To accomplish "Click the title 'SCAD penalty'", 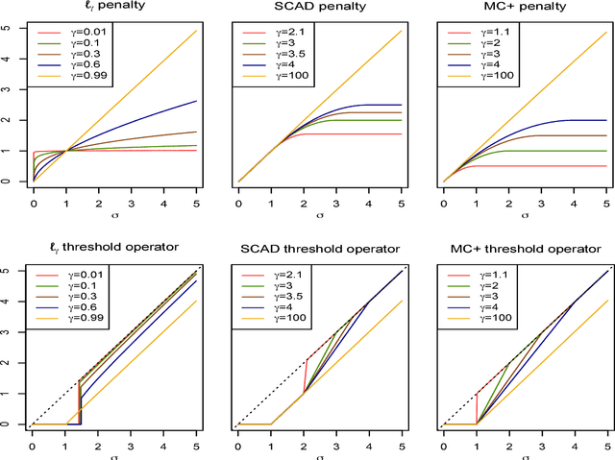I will (x=318, y=9).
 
